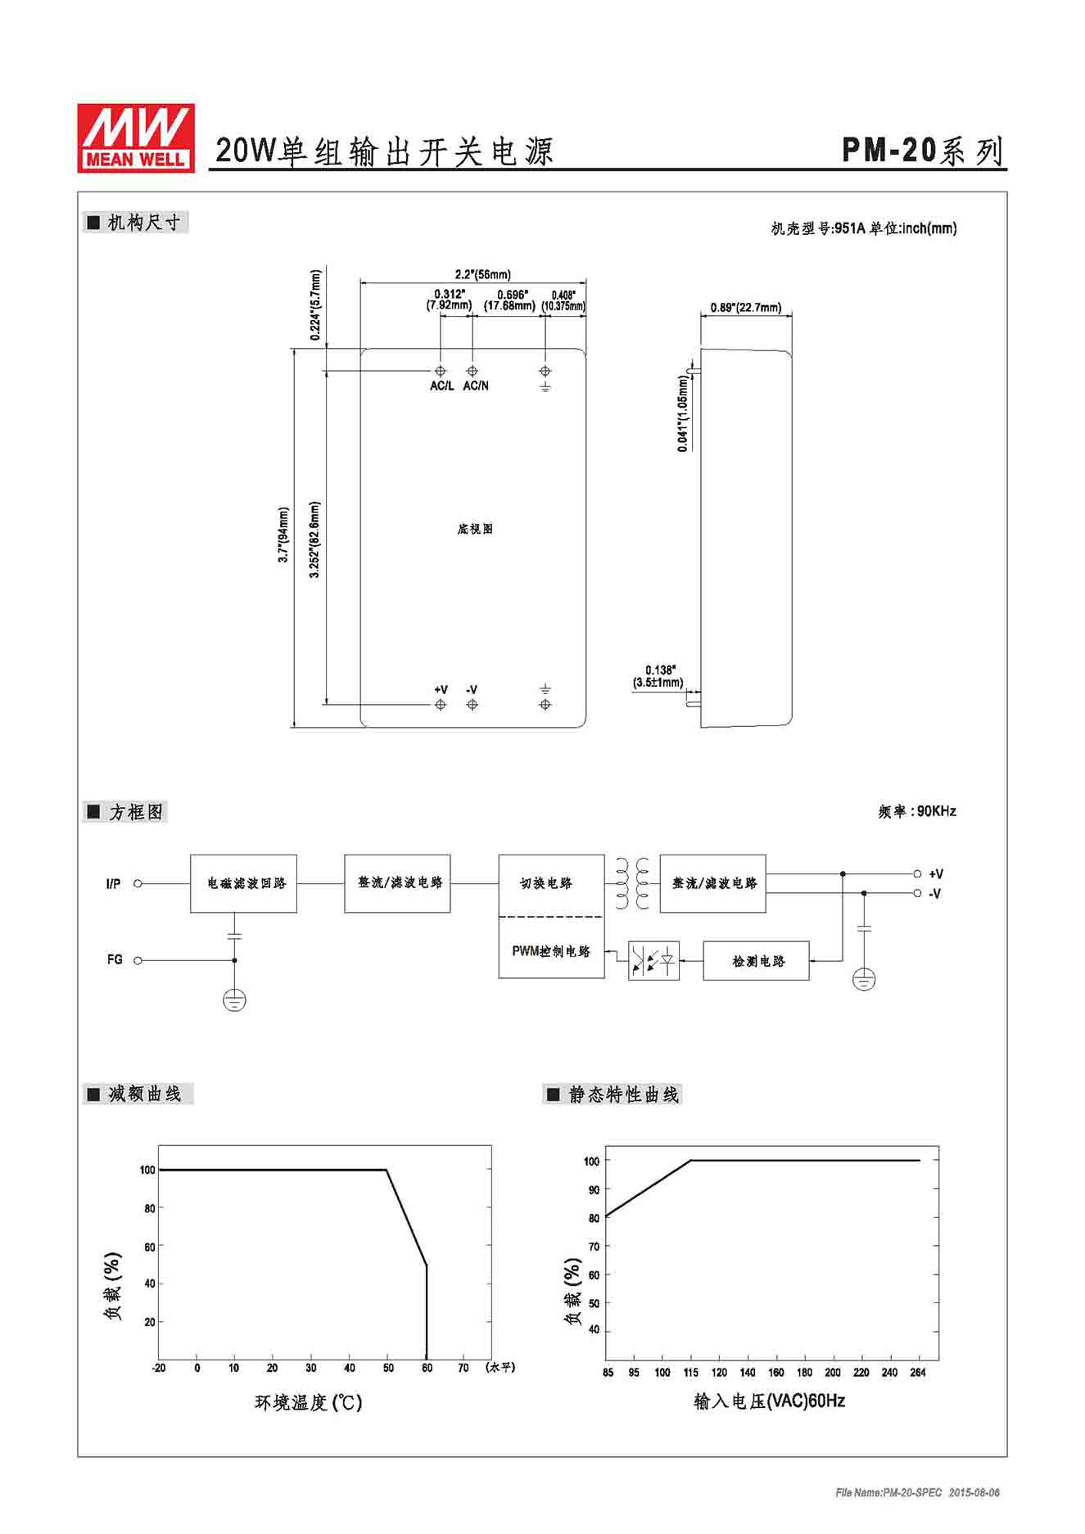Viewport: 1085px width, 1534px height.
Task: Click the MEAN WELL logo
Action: tap(136, 138)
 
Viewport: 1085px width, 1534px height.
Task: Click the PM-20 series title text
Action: tap(923, 151)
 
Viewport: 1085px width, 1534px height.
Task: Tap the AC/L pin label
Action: tap(441, 386)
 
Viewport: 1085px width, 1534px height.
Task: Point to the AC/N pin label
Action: tap(476, 386)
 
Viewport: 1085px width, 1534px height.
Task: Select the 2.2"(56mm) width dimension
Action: tap(482, 274)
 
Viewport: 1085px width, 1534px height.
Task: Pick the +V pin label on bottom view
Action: tap(441, 689)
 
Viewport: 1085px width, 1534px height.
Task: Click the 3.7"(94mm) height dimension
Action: tap(283, 535)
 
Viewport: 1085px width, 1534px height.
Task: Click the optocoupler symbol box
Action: tap(653, 961)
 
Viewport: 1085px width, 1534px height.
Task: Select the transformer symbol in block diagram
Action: tap(632, 883)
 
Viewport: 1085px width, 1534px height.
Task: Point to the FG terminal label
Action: tap(115, 959)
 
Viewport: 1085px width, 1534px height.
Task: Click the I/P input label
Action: tap(113, 883)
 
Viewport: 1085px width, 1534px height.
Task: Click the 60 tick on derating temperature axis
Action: tap(427, 1368)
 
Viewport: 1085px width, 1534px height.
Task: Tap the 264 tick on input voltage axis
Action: tap(918, 1372)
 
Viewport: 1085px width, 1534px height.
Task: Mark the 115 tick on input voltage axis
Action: tap(691, 1372)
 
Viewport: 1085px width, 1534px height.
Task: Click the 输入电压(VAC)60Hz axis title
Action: tap(769, 1401)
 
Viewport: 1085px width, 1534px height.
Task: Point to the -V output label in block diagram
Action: tap(935, 894)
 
